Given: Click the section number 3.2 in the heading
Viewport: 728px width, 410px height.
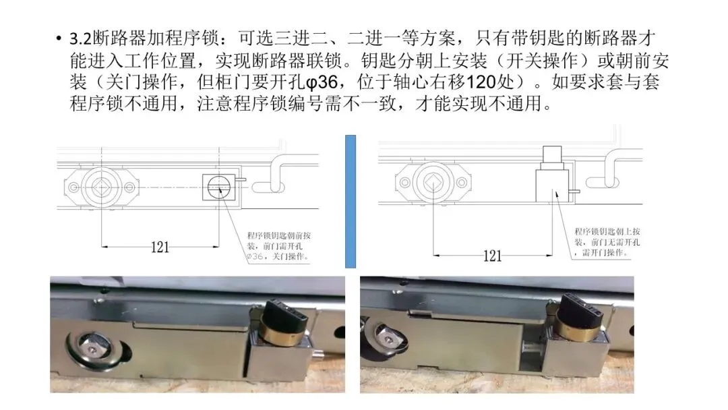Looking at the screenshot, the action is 80,38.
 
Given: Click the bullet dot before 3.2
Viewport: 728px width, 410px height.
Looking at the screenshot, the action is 58,38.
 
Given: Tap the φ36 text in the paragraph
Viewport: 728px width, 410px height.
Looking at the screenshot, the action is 322,82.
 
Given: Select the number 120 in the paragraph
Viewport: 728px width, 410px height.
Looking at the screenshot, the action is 481,82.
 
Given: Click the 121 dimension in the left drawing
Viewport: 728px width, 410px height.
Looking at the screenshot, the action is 160,247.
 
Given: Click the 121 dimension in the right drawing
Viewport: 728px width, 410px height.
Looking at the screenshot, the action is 492,256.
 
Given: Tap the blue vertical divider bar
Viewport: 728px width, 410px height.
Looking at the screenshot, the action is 351,202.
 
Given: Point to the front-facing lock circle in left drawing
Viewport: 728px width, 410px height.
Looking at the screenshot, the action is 218,187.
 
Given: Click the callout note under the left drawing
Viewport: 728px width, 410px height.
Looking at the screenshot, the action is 278,245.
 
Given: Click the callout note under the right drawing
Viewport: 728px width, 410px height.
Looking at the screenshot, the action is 607,242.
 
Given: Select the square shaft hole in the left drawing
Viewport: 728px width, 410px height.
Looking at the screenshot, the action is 100,187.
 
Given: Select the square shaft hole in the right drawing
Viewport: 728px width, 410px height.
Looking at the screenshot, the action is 433,183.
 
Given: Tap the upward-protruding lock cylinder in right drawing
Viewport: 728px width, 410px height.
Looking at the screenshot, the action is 552,158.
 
